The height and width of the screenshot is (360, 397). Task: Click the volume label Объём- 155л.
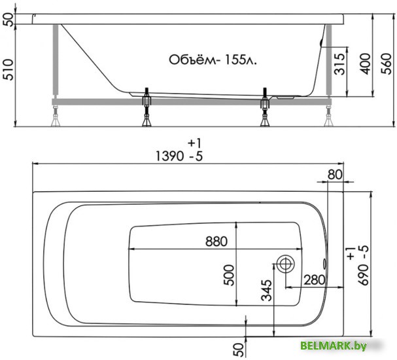[x=213, y=60]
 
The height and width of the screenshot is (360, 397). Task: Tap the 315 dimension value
[x=339, y=64]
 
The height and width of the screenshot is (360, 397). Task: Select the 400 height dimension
[x=366, y=64]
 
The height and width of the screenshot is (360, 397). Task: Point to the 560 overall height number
[x=387, y=63]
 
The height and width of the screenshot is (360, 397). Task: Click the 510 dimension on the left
[x=9, y=69]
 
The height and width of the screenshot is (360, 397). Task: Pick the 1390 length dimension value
[x=169, y=156]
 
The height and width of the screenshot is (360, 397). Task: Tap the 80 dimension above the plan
[x=335, y=175]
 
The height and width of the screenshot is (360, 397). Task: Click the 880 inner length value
[x=216, y=242]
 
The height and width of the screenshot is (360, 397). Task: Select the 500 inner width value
[x=229, y=275]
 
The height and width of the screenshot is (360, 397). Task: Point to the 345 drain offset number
[x=266, y=291]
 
